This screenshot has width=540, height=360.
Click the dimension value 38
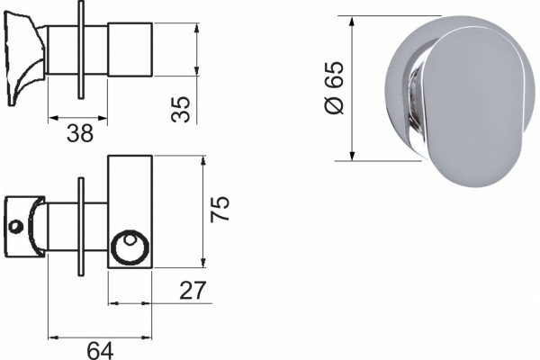(x=80, y=133)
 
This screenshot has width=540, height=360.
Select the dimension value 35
(x=181, y=109)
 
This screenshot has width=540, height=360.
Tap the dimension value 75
(x=220, y=209)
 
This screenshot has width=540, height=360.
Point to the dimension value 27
(x=193, y=291)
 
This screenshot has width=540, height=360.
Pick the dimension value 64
(x=100, y=351)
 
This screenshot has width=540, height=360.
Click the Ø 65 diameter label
(x=334, y=87)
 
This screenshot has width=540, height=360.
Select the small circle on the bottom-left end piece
(x=15, y=226)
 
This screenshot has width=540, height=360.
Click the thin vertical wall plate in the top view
(x=81, y=50)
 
